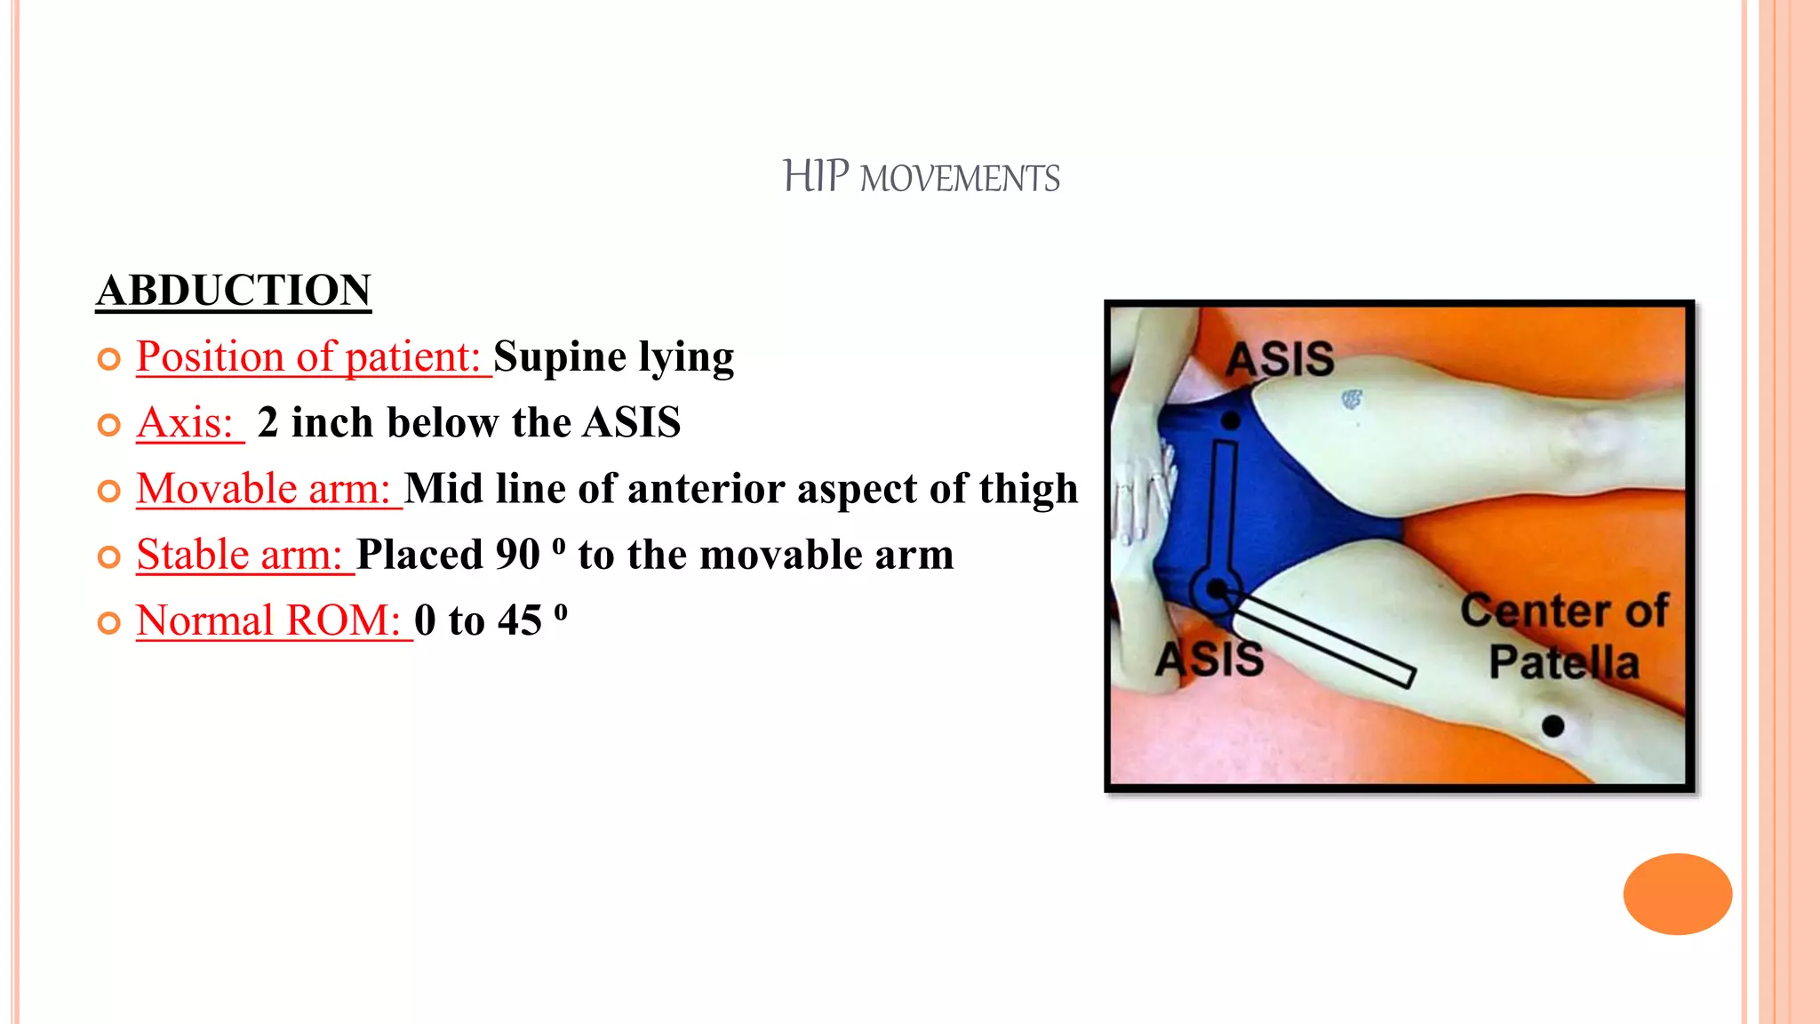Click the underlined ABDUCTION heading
pyautogui.click(x=233, y=291)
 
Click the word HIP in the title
pyautogui.click(x=816, y=176)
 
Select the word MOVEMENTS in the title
pyautogui.click(x=960, y=179)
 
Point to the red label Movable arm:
pyautogui.click(x=263, y=489)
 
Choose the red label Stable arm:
pyautogui.click(x=239, y=555)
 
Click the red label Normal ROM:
pyautogui.click(x=268, y=620)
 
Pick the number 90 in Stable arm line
pyautogui.click(x=517, y=556)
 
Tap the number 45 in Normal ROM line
pyautogui.click(x=519, y=620)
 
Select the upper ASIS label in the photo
pyautogui.click(x=1280, y=359)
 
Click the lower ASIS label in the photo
pyautogui.click(x=1209, y=659)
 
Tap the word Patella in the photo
pyautogui.click(x=1564, y=662)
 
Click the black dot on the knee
pyautogui.click(x=1553, y=726)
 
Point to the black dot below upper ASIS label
pyautogui.click(x=1231, y=421)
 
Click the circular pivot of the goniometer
pyautogui.click(x=1216, y=588)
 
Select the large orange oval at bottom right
pyautogui.click(x=1677, y=893)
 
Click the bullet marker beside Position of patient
pyautogui.click(x=108, y=359)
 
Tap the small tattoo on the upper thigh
pyautogui.click(x=1351, y=399)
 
